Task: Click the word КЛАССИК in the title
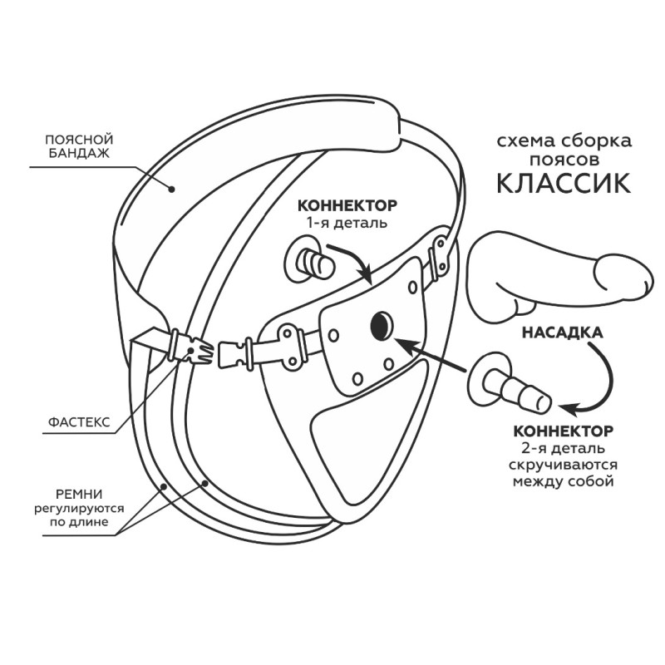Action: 563,182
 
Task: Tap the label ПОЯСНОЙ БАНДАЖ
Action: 78,146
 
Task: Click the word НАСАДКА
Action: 563,333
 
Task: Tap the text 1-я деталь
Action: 347,223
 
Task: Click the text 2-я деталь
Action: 564,450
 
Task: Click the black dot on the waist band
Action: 172,188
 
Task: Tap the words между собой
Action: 564,482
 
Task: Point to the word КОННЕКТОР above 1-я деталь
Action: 347,205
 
